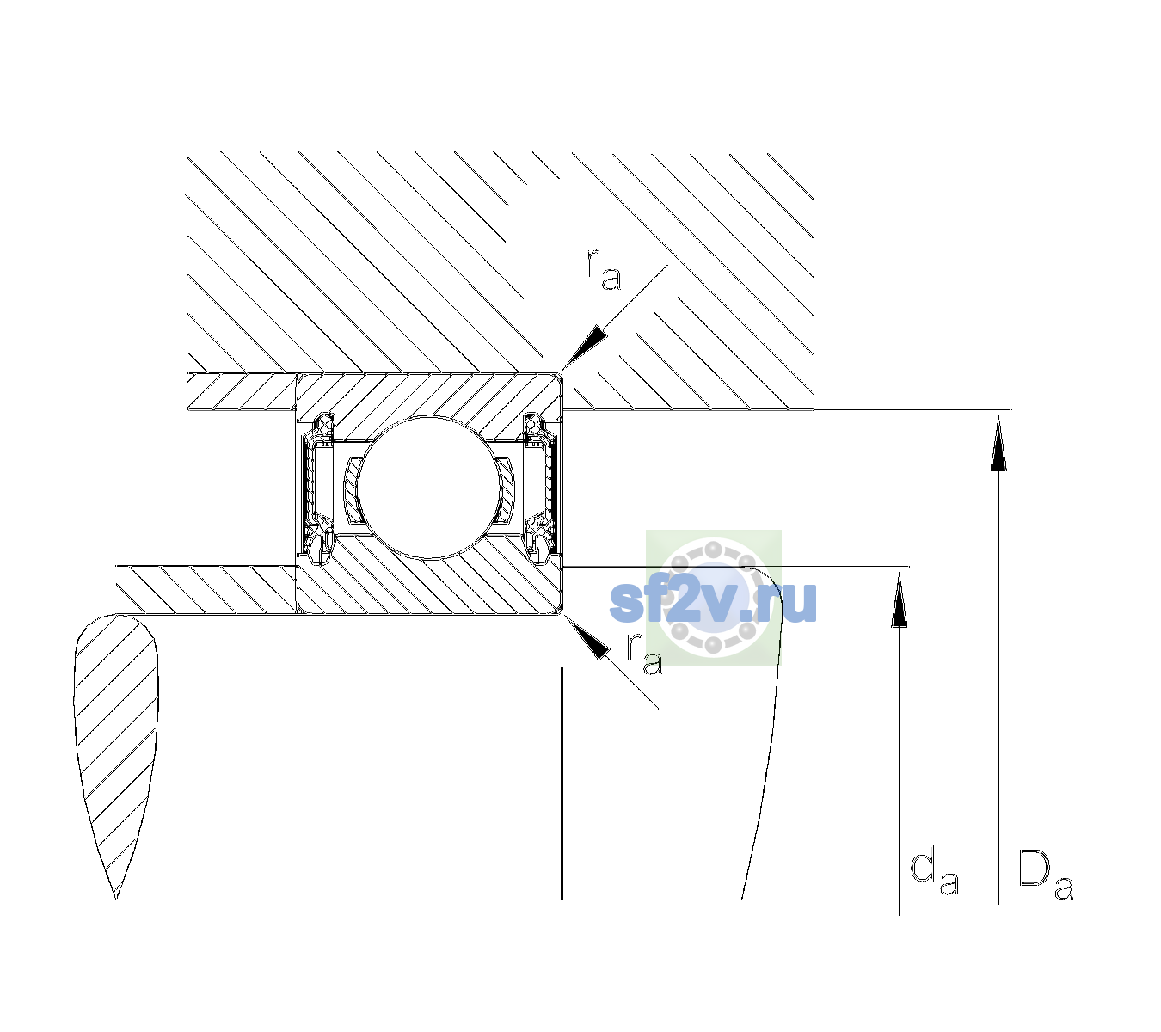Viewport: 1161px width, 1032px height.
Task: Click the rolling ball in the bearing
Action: click(x=430, y=487)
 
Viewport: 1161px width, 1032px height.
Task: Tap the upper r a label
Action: click(x=603, y=269)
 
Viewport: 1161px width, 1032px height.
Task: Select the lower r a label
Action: click(x=645, y=654)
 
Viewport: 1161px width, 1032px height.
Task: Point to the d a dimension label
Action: click(x=935, y=873)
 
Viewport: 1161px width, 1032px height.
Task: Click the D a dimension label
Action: click(x=1046, y=875)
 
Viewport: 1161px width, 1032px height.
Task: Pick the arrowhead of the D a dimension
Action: click(x=998, y=443)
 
